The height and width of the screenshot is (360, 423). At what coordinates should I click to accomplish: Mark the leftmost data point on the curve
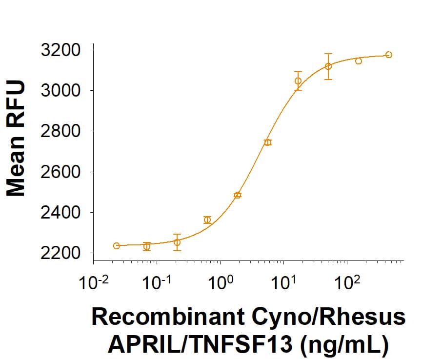tap(116, 246)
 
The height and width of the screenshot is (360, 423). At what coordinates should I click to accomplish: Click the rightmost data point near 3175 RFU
tap(388, 55)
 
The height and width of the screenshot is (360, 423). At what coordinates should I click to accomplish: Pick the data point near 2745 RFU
tap(267, 142)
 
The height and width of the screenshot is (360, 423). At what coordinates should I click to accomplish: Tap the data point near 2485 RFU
tap(238, 195)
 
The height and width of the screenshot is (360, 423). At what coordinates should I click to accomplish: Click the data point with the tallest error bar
tap(328, 66)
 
